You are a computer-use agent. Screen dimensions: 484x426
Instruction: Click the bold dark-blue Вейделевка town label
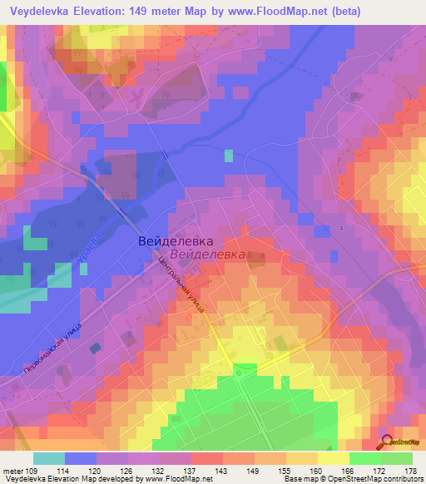coord(171,240)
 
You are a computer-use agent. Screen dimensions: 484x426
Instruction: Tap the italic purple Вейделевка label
coord(206,255)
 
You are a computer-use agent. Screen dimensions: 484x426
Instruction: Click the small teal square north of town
coord(229,156)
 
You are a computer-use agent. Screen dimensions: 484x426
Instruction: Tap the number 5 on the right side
coord(341,228)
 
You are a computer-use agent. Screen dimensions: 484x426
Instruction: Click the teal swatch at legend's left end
coord(48,458)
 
